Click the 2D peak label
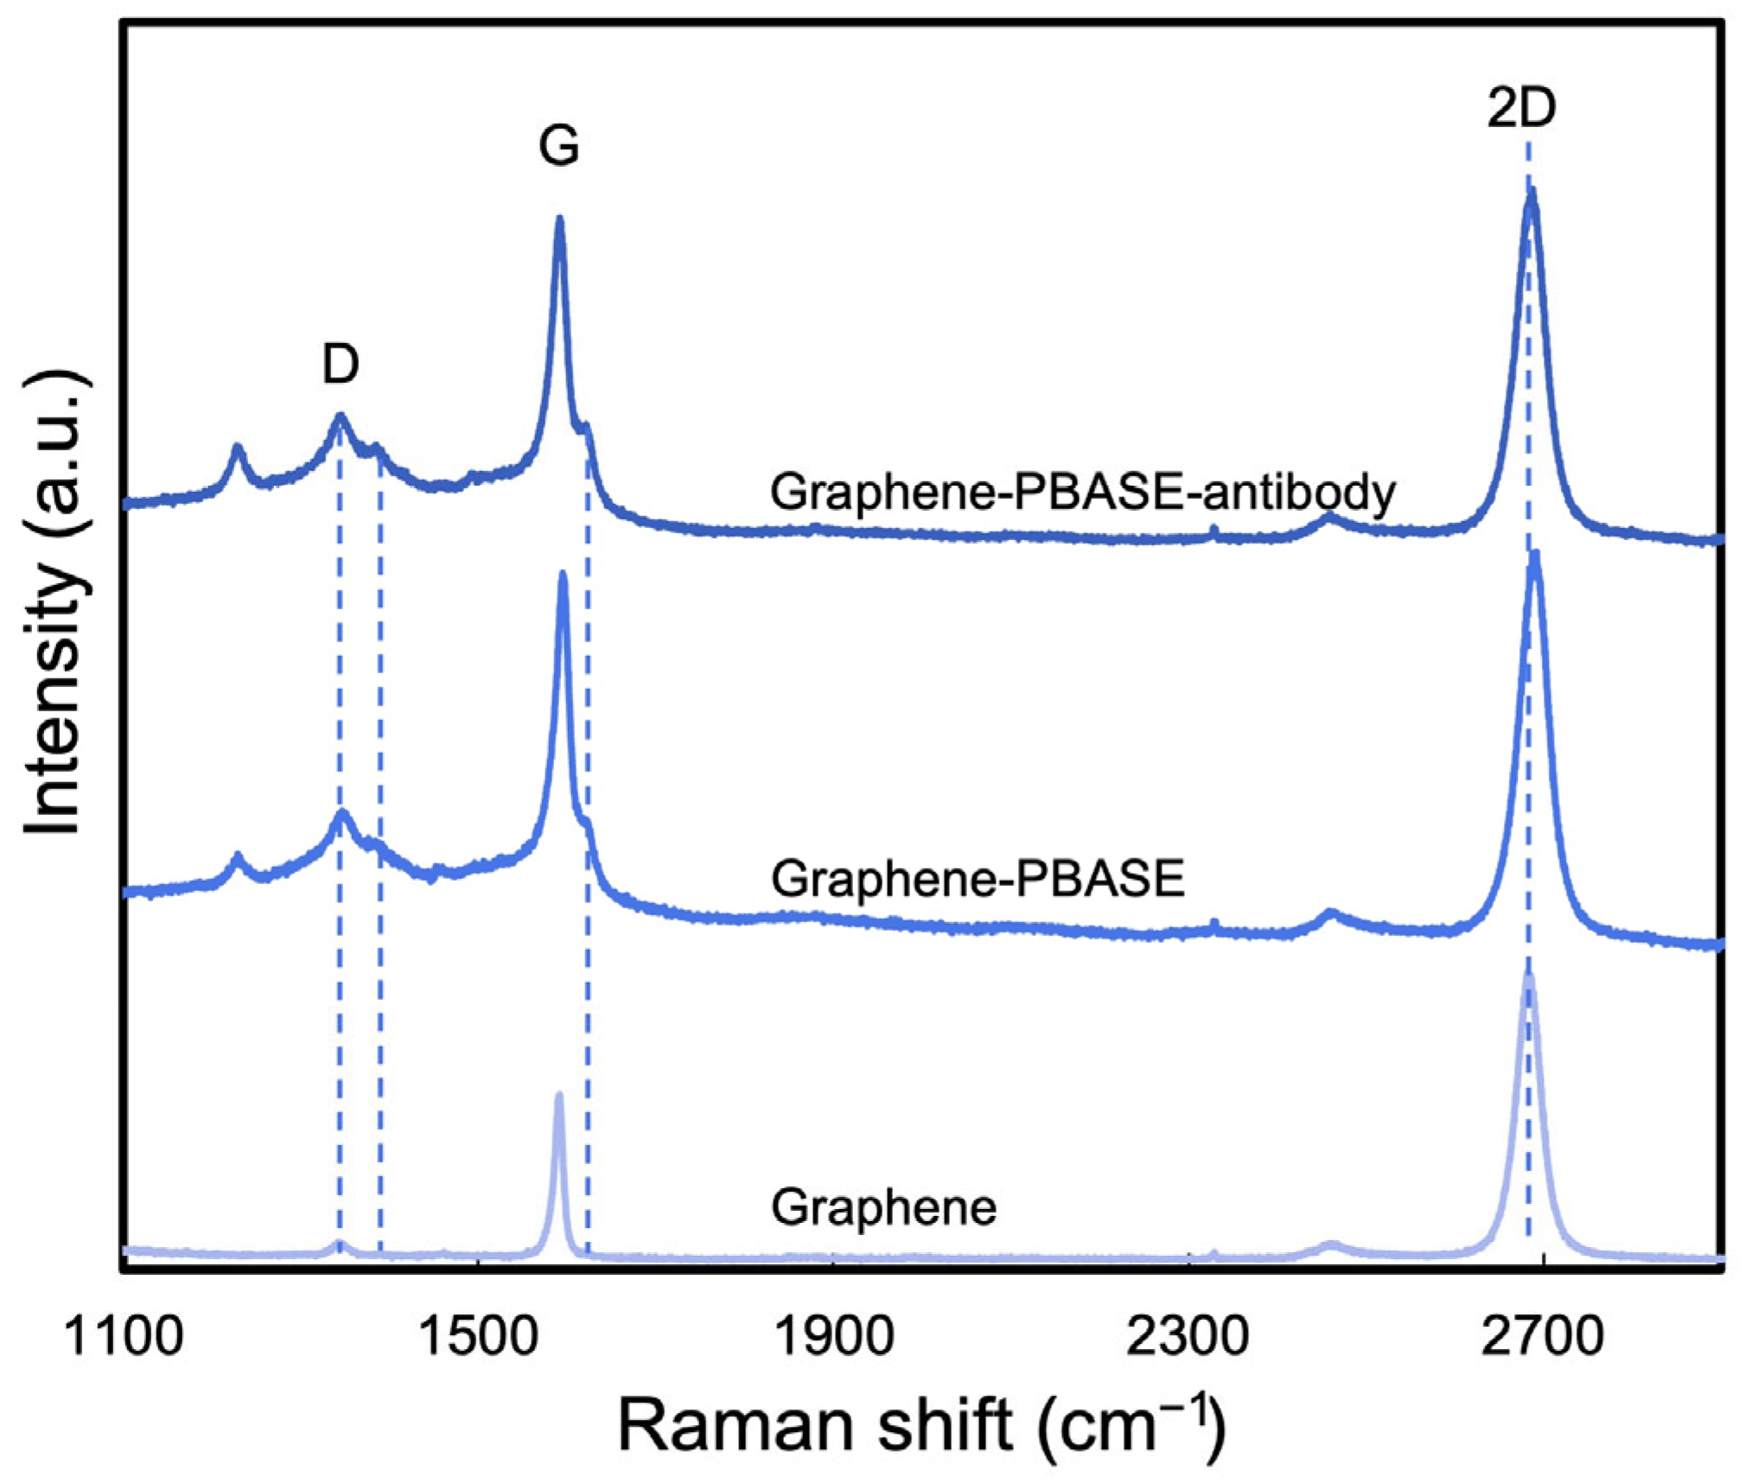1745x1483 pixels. tap(1522, 109)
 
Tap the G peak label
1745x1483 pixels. tap(558, 145)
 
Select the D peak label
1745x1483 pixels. tap(341, 364)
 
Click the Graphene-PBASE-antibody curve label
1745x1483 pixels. tap(1083, 493)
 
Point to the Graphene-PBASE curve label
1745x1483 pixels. tap(978, 879)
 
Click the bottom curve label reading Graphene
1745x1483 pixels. tap(883, 1206)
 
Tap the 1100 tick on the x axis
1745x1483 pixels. tap(124, 1336)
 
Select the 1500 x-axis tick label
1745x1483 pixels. tap(478, 1336)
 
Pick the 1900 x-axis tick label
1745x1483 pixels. tap(833, 1336)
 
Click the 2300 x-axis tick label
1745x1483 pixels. tap(1188, 1336)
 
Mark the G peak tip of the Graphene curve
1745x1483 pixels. tap(558, 1096)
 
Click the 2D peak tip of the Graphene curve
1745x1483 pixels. tap(1528, 977)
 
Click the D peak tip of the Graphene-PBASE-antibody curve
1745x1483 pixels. tap(340, 417)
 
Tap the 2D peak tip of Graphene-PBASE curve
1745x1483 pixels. tap(1535, 553)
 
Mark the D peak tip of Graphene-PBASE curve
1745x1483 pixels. tap(342, 812)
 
